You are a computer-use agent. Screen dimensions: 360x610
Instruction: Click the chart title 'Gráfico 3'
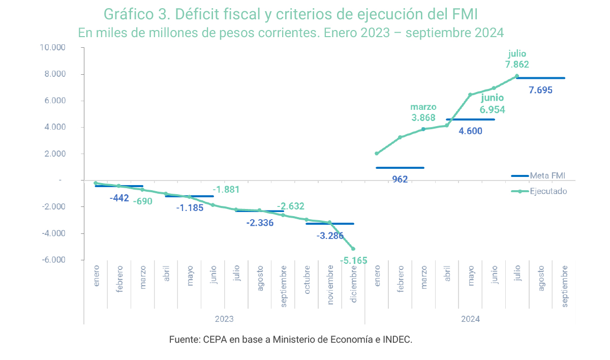click(290, 13)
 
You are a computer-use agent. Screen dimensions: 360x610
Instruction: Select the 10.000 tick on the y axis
click(52, 48)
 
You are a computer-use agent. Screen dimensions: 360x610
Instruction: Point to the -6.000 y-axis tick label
click(53, 260)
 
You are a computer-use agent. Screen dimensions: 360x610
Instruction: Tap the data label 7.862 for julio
click(517, 65)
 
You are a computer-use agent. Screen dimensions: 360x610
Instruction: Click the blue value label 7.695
click(540, 91)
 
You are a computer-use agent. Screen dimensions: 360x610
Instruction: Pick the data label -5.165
click(353, 261)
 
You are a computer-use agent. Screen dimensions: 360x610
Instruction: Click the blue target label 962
click(400, 179)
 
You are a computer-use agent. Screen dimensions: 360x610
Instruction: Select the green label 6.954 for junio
click(492, 109)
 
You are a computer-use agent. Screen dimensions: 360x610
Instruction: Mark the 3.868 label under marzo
click(423, 117)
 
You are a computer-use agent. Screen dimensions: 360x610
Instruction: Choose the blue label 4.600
click(470, 131)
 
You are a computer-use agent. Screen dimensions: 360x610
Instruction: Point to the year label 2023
click(224, 319)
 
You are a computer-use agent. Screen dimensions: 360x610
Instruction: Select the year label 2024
click(470, 319)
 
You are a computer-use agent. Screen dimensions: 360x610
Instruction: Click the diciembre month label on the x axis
click(354, 285)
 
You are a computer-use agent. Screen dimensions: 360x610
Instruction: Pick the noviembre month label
click(330, 285)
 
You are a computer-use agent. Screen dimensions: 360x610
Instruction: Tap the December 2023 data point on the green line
click(353, 249)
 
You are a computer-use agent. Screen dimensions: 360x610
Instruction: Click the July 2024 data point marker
click(517, 76)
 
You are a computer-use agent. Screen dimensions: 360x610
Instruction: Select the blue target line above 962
click(400, 168)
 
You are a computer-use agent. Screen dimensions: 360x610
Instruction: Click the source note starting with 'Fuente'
click(290, 340)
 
